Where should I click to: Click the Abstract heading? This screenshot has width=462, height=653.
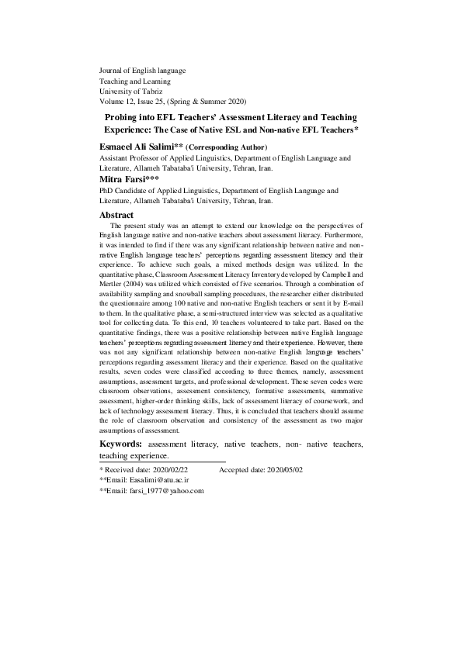click(x=117, y=215)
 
